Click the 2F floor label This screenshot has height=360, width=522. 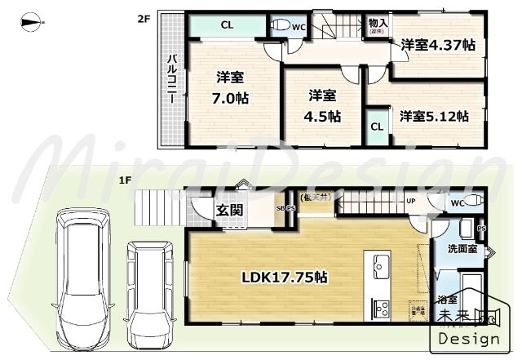142,16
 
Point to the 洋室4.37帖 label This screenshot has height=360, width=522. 437,46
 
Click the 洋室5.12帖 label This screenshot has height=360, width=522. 433,116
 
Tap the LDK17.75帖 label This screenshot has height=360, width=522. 284,278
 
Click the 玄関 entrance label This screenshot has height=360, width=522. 228,210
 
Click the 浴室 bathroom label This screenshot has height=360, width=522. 448,299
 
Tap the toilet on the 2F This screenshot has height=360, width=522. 281,26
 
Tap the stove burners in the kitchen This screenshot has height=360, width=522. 381,308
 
